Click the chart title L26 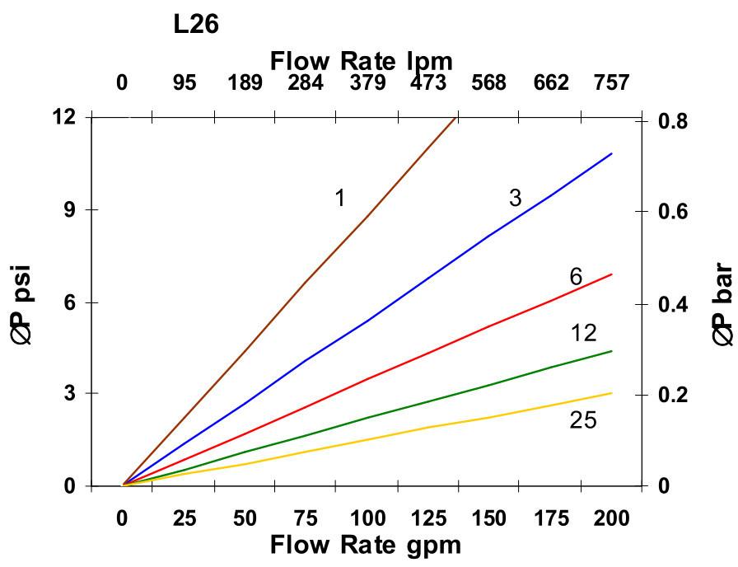[196, 25]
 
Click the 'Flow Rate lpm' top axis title [362, 60]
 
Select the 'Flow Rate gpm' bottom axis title [365, 545]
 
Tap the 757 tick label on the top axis [611, 83]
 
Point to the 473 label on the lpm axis [428, 83]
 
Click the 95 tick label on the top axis [184, 83]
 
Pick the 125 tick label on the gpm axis [428, 518]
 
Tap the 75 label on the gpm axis [306, 518]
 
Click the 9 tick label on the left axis [69, 209]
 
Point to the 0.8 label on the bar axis [675, 121]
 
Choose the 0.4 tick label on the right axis [675, 305]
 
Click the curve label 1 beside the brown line [339, 198]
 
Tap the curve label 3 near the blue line [515, 198]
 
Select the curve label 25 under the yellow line [583, 420]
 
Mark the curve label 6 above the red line [576, 277]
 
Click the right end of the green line [612, 351]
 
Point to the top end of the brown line [455, 118]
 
